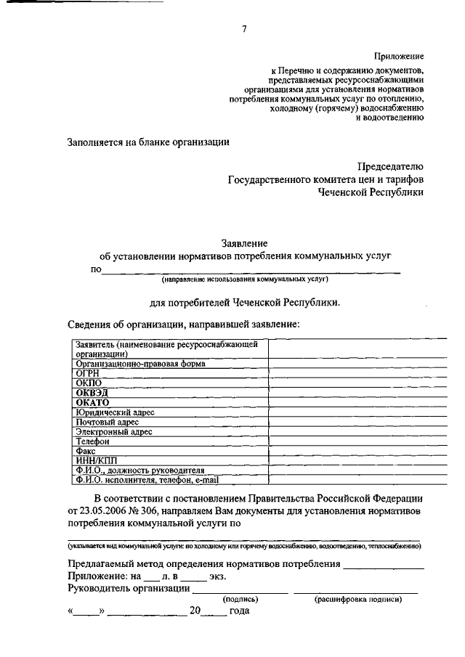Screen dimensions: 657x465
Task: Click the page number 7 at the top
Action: click(244, 29)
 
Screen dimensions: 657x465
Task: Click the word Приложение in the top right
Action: click(399, 55)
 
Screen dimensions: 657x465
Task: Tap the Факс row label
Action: click(86, 451)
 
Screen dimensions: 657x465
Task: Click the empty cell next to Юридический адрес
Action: click(344, 412)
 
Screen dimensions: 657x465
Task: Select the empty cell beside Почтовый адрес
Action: click(344, 422)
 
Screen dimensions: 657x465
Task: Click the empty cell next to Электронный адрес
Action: click(344, 431)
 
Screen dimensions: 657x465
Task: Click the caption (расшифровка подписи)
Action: click(357, 600)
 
